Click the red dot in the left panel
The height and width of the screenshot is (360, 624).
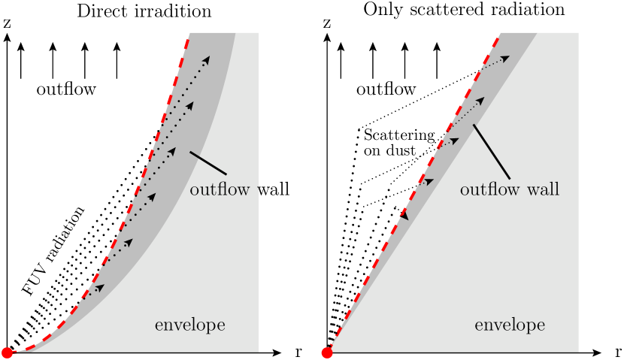8,352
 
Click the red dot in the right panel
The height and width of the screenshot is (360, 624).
327,352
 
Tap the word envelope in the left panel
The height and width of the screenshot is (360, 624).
189,325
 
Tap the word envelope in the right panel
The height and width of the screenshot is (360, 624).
509,325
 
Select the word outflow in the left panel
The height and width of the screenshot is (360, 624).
220,189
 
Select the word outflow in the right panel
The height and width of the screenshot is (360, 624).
489,189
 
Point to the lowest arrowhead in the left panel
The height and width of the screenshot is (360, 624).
100,288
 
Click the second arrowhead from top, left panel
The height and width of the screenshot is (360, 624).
189,105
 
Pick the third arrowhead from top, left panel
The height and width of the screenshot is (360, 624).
171,151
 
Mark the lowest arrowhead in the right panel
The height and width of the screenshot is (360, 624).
404,214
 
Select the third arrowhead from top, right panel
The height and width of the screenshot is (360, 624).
455,141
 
